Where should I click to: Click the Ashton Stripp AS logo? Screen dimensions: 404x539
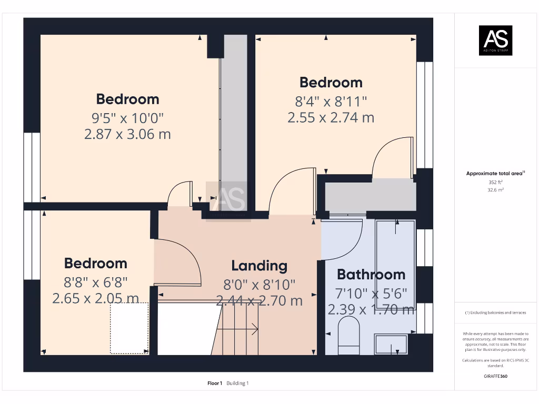(x=495, y=41)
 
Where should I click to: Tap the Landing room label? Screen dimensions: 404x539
(x=259, y=266)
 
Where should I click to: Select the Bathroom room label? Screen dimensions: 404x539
(x=371, y=274)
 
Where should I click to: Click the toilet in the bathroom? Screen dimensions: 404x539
(x=348, y=338)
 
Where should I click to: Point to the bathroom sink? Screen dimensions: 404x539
(x=391, y=345)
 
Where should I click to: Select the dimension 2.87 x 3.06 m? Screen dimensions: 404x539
(x=127, y=134)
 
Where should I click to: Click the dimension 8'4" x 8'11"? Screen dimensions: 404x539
(x=331, y=100)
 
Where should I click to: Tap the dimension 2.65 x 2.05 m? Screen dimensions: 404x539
(x=95, y=298)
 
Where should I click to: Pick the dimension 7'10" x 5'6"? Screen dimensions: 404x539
(x=371, y=294)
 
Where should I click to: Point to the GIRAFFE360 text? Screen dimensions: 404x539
(x=495, y=376)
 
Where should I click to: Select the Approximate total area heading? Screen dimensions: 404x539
(x=495, y=173)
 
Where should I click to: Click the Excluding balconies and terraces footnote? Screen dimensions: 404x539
(x=495, y=312)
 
